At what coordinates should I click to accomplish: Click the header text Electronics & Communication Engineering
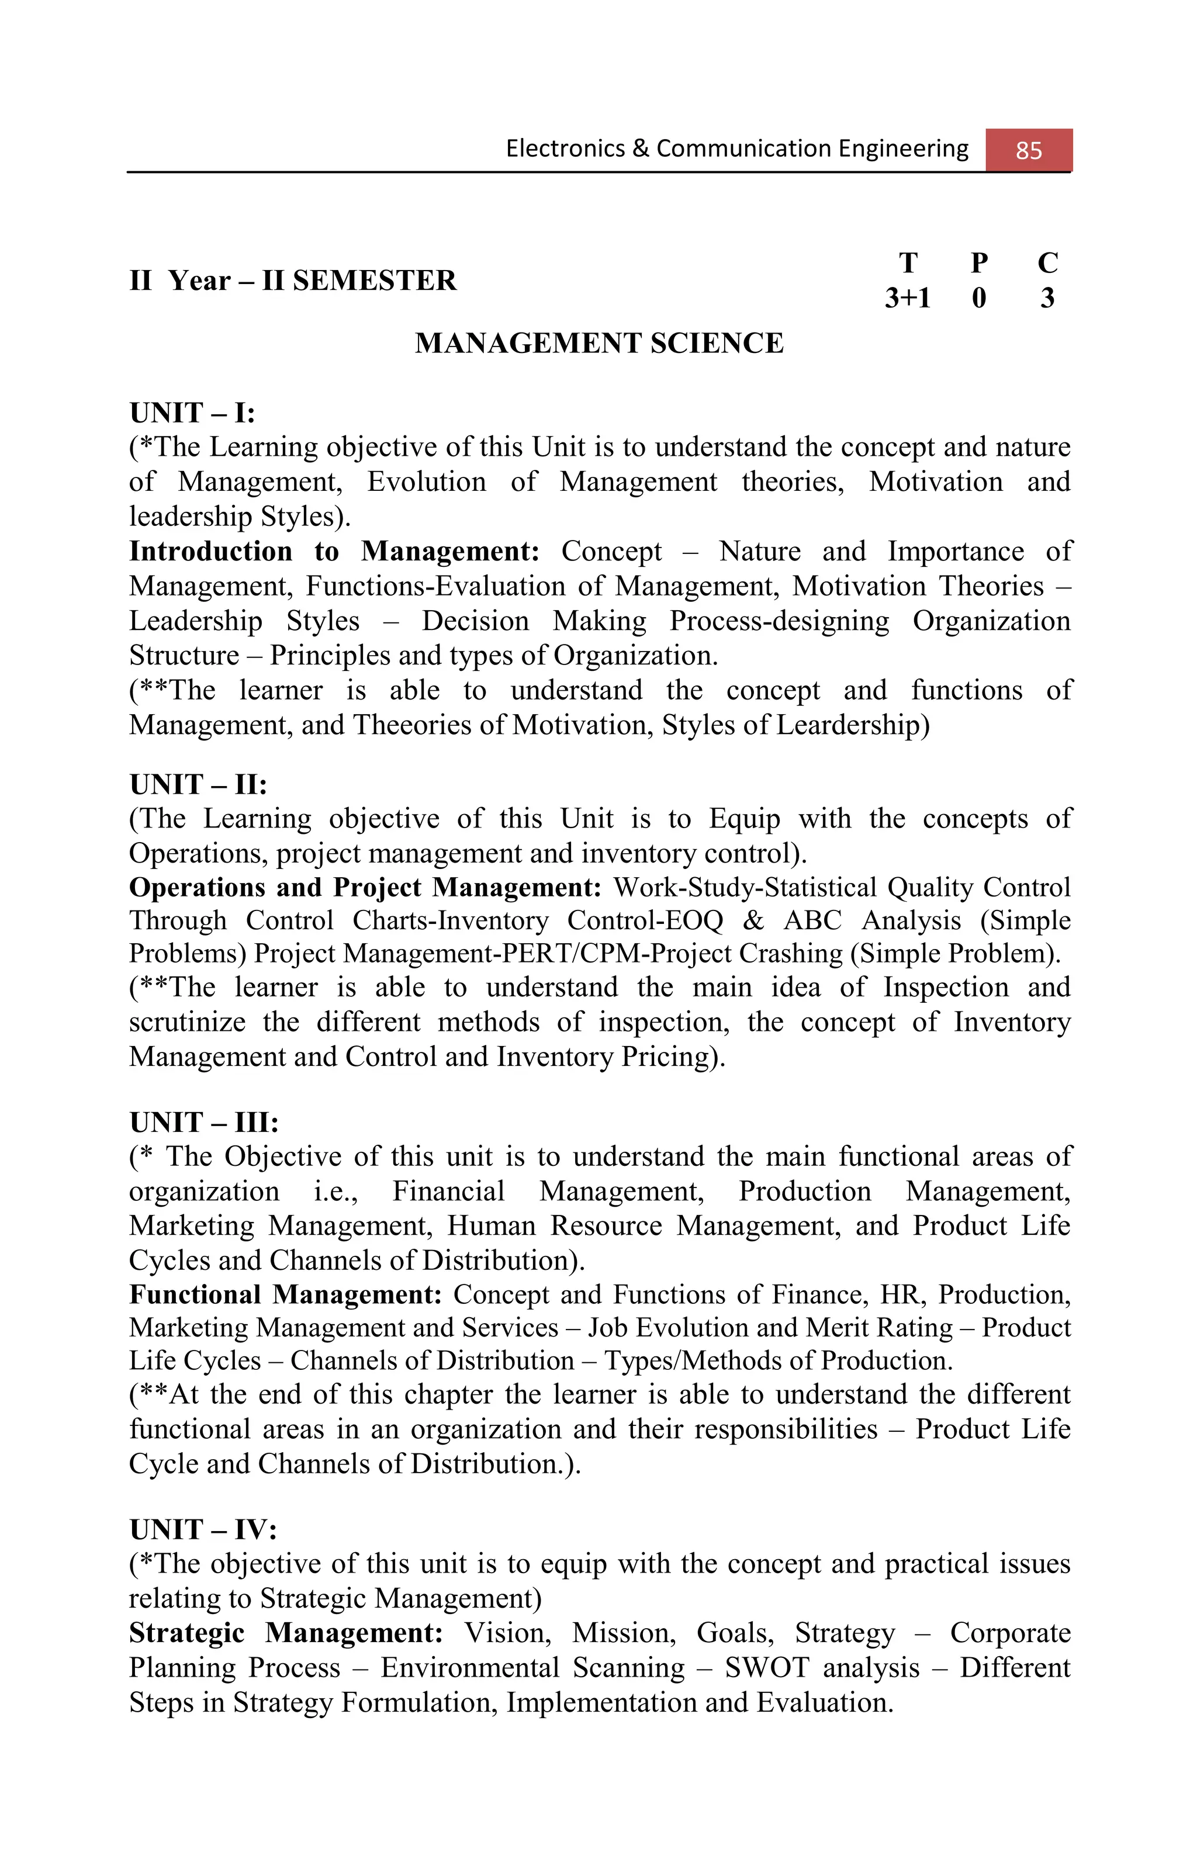click(x=736, y=148)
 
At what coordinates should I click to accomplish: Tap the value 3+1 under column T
click(x=907, y=297)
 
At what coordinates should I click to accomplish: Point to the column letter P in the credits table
click(x=979, y=264)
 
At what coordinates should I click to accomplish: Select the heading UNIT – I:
click(x=192, y=413)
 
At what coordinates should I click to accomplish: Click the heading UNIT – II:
click(x=198, y=785)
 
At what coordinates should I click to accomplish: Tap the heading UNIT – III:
click(x=203, y=1123)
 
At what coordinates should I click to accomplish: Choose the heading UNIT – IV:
click(x=203, y=1530)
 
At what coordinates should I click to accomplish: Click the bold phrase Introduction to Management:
click(x=334, y=552)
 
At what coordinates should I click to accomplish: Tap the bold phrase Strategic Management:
click(x=285, y=1633)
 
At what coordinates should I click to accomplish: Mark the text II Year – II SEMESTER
click(x=292, y=281)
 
